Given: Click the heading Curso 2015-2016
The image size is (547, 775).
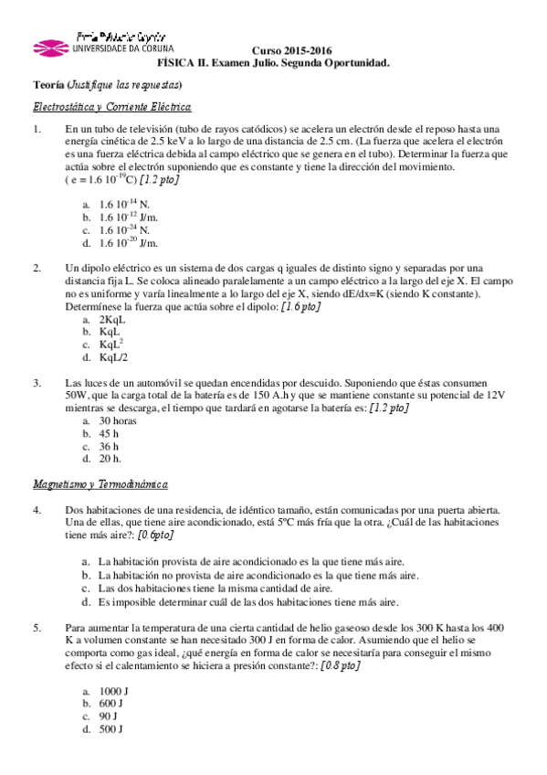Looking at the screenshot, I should pyautogui.click(x=292, y=50).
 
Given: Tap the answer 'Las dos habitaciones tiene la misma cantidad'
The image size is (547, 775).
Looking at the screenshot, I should pyautogui.click(x=234, y=589).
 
